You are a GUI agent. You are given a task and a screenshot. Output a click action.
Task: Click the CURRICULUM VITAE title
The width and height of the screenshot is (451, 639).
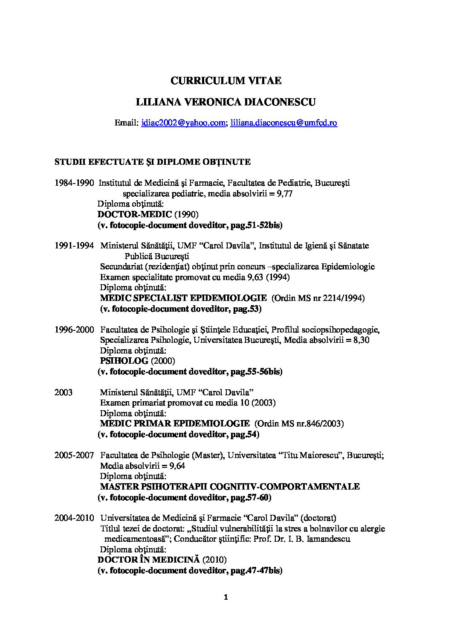click(x=226, y=80)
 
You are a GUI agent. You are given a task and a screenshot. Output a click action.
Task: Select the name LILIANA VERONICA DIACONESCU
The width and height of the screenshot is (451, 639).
click(x=226, y=102)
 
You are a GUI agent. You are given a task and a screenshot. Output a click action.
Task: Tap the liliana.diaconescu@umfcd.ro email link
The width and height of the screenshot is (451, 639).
click(x=284, y=123)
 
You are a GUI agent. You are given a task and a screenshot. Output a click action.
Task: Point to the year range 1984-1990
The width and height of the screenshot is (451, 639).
click(x=74, y=183)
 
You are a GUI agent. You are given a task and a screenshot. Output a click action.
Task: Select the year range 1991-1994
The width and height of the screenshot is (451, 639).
click(x=74, y=246)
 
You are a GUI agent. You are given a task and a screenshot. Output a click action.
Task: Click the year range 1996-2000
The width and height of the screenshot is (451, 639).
click(x=74, y=330)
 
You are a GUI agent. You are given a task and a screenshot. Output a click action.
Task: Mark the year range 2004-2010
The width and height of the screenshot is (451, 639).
click(x=74, y=518)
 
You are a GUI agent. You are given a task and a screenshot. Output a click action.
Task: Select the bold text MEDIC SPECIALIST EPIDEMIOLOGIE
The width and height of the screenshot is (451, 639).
click(x=183, y=298)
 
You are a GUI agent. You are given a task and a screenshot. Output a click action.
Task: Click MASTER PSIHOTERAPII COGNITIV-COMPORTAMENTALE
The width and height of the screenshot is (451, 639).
click(x=230, y=487)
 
